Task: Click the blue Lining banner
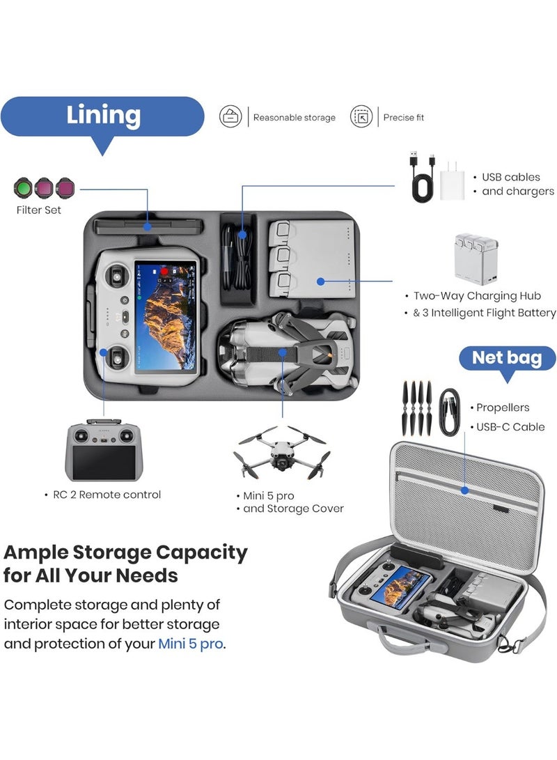click(103, 116)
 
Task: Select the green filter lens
click(24, 187)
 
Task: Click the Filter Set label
click(38, 210)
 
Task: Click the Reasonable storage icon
click(230, 117)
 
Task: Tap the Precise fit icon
click(361, 117)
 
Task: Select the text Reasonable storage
click(294, 118)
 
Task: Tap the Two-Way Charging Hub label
click(477, 296)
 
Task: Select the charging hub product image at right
click(475, 257)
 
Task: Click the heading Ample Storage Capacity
click(126, 552)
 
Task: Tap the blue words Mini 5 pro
click(190, 643)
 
